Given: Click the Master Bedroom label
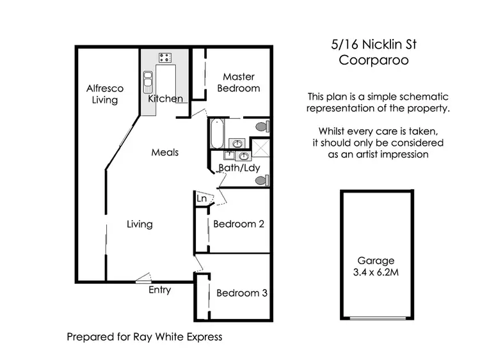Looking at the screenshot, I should point(239,82).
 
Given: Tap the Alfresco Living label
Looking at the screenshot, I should point(105,94).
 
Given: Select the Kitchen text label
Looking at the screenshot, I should point(165,99).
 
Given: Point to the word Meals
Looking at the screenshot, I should point(164,152).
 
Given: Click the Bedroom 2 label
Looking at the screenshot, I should point(239,224).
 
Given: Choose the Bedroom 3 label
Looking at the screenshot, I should point(241,293).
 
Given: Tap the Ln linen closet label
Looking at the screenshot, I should point(202,199).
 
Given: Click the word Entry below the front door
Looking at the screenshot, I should point(159,290).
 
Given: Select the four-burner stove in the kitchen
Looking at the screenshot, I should point(165,58).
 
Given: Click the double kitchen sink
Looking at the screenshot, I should point(148,81).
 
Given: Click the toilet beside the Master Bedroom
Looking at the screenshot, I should point(262,127).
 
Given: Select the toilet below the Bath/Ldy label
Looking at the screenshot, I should point(262,180).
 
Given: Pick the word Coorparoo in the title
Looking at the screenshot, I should point(372,61).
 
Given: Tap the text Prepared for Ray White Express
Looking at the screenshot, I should point(145,336).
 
